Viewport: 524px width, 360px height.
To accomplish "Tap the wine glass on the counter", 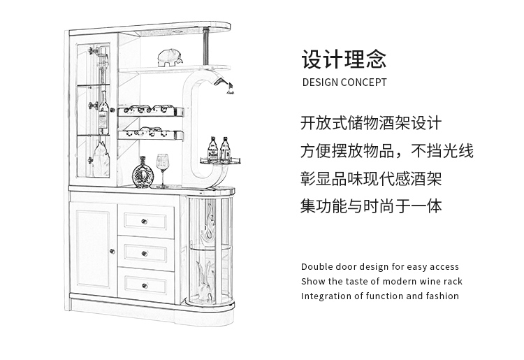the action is [163, 168].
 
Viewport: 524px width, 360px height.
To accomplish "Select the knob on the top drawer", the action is [147, 222].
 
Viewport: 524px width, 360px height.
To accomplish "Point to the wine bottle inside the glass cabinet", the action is [103, 112].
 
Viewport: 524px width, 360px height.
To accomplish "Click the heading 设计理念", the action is [344, 59].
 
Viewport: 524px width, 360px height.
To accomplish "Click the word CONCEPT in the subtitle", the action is [363, 82].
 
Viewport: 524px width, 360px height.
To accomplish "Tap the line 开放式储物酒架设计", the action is [371, 124].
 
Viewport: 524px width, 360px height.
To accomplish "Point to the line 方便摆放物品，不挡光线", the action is [387, 151].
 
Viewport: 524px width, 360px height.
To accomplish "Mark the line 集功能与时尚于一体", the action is [371, 206].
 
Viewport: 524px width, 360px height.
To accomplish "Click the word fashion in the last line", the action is [442, 296].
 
